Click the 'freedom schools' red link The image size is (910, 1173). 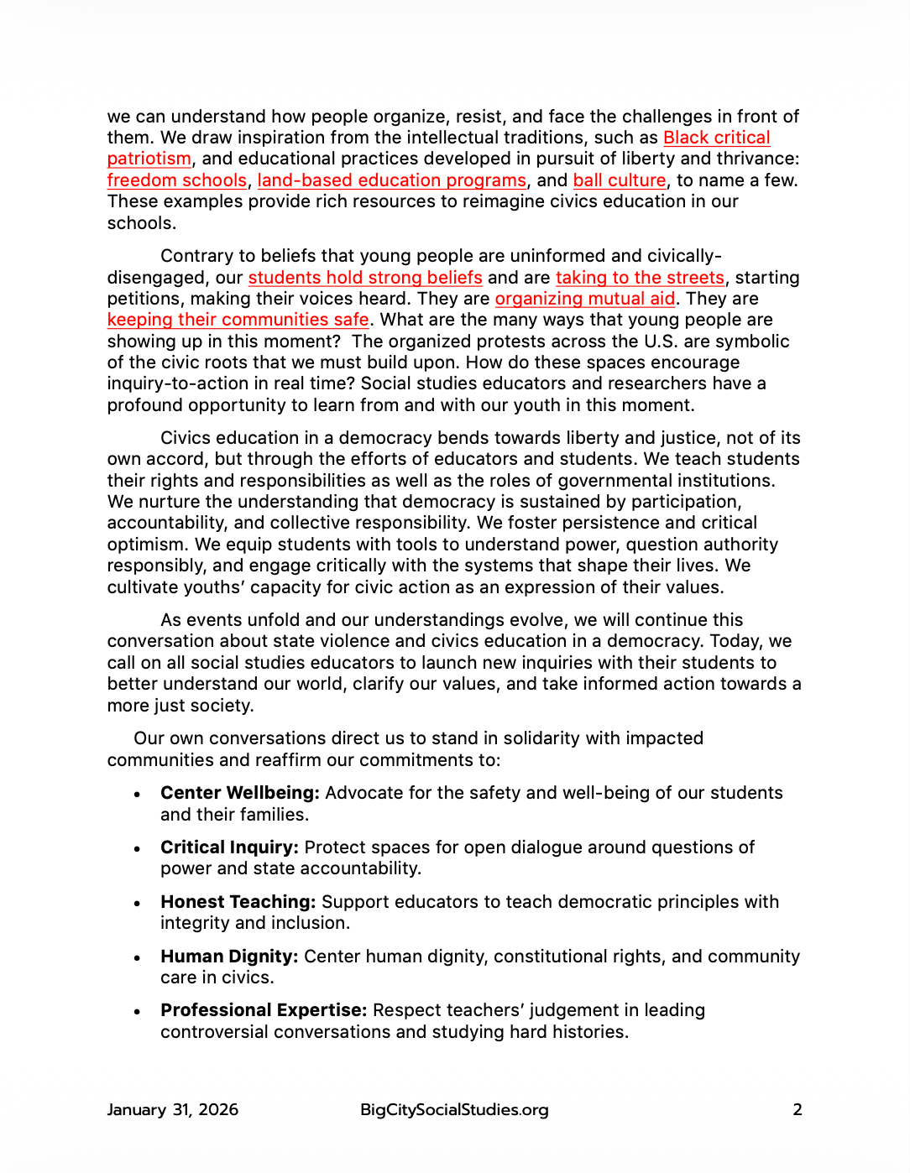click(176, 180)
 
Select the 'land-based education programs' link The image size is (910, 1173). click(391, 180)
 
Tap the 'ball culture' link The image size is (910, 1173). click(619, 180)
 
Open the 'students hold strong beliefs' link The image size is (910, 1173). click(365, 278)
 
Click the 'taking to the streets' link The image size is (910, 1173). click(640, 278)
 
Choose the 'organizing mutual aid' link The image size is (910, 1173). click(584, 299)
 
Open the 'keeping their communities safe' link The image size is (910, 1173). click(238, 320)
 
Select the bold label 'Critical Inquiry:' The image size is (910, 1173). click(229, 847)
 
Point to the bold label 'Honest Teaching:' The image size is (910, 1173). click(238, 902)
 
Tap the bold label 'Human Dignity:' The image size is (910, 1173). click(229, 957)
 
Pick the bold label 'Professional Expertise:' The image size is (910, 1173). click(264, 1010)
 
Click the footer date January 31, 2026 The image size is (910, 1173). click(173, 1109)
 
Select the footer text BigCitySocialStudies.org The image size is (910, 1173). click(454, 1109)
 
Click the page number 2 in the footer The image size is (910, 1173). click(798, 1109)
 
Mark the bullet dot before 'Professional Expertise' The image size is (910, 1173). click(137, 1012)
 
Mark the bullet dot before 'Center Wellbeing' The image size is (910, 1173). click(137, 795)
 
